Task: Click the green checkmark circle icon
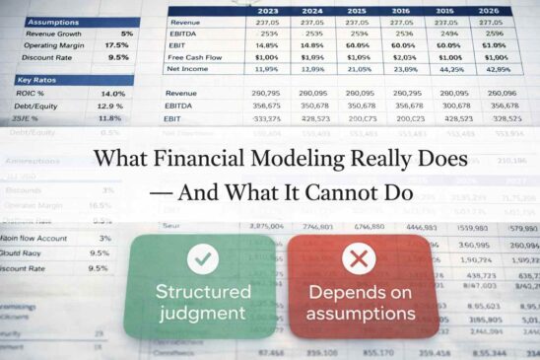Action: (204, 259)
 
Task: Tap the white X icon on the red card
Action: (359, 259)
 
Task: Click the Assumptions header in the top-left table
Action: (54, 21)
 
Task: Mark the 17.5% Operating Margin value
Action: (116, 45)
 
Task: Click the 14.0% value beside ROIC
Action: (112, 93)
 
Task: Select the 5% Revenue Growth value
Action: (127, 34)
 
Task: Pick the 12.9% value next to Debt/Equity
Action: (110, 106)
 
